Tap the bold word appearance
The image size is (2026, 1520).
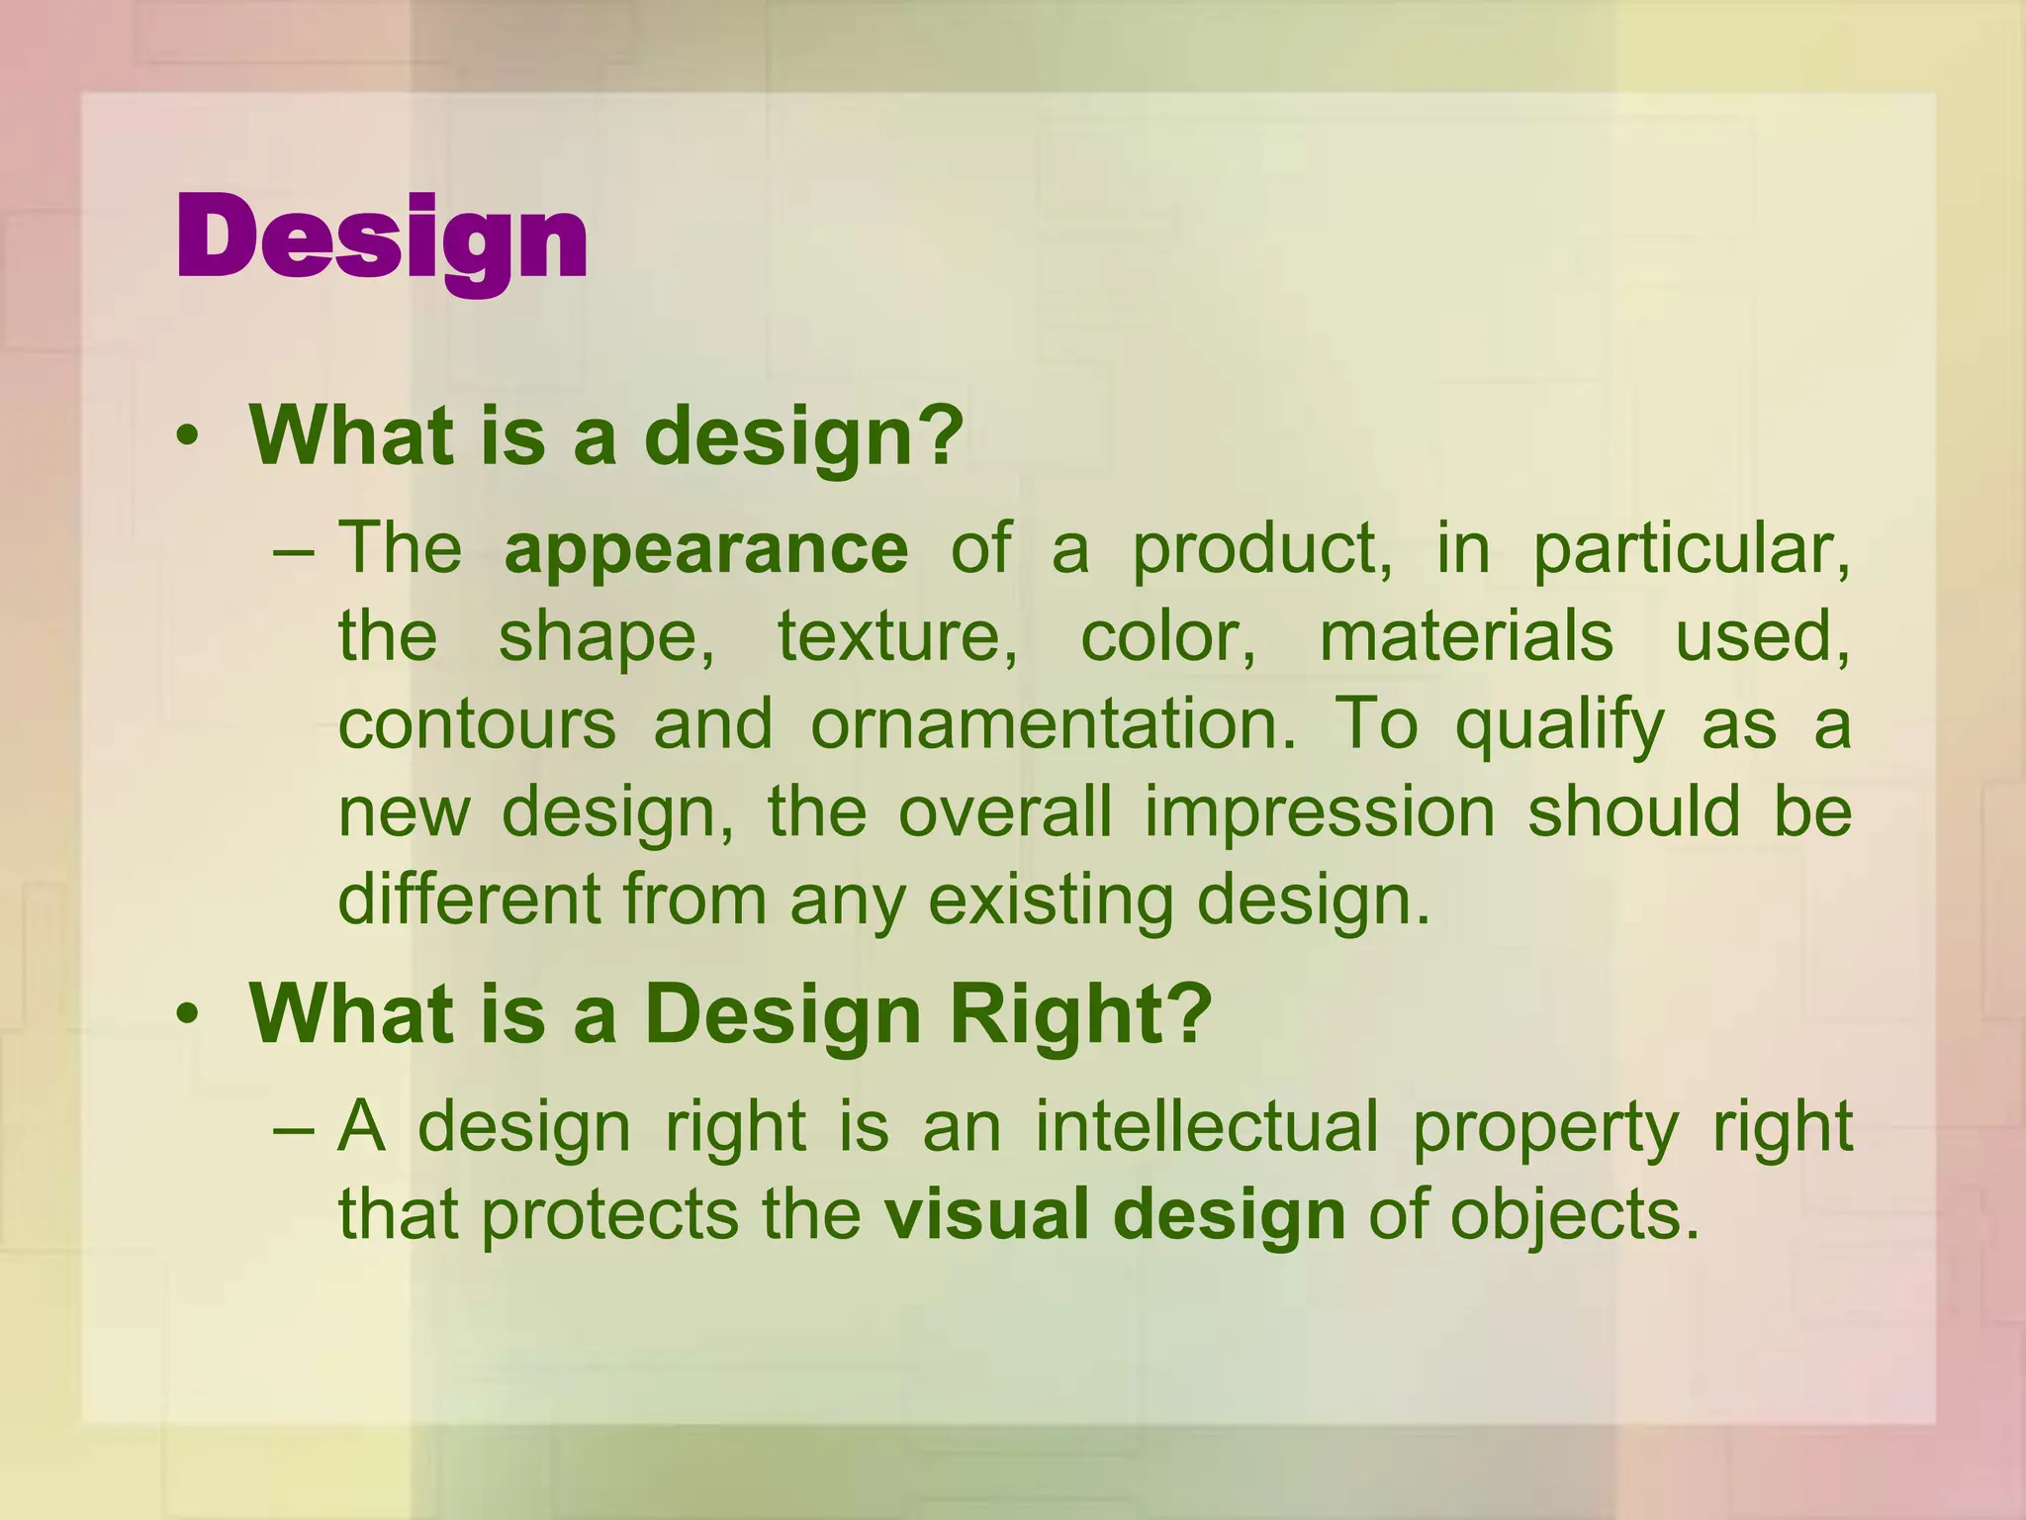coord(705,549)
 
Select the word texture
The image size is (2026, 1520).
coord(896,636)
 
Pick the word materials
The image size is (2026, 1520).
coord(1466,636)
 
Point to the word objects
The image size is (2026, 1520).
coord(1574,1216)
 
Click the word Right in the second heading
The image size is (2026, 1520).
coord(1080,1016)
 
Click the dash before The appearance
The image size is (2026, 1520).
coord(293,551)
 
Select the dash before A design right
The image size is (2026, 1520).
coord(293,1129)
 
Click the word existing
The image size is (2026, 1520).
coord(1050,901)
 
